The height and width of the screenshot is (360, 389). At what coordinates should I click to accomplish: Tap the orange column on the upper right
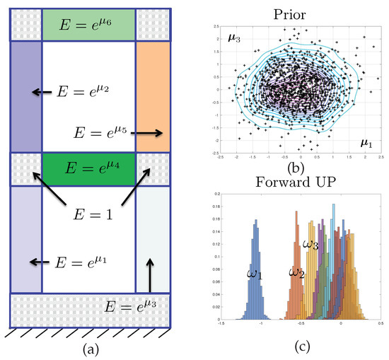click(151, 95)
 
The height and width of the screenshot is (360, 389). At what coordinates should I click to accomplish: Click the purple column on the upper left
click(26, 95)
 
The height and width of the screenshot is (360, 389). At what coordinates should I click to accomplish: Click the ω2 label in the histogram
click(296, 272)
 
